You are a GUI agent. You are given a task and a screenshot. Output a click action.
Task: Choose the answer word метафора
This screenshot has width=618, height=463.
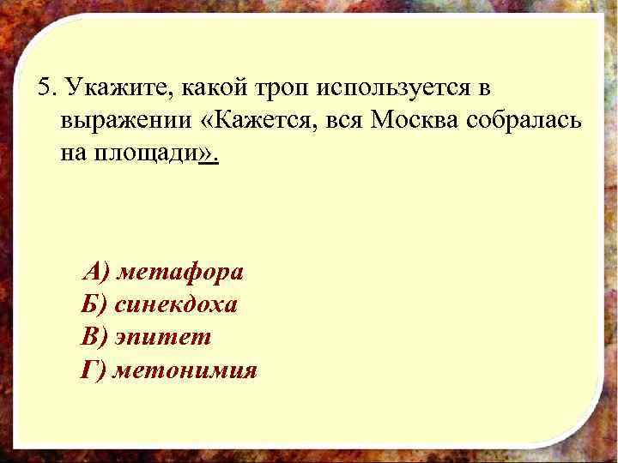click(x=180, y=273)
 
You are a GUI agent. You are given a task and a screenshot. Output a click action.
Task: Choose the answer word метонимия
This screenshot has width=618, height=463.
click(x=185, y=370)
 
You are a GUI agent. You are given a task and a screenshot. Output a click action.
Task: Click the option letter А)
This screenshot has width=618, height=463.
click(x=96, y=273)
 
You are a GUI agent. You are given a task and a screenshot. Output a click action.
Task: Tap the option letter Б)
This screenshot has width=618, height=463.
click(x=94, y=305)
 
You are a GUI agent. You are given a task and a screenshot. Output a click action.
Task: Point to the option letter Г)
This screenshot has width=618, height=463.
click(x=94, y=370)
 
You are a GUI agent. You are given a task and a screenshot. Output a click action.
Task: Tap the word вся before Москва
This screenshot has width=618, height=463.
click(x=347, y=122)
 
